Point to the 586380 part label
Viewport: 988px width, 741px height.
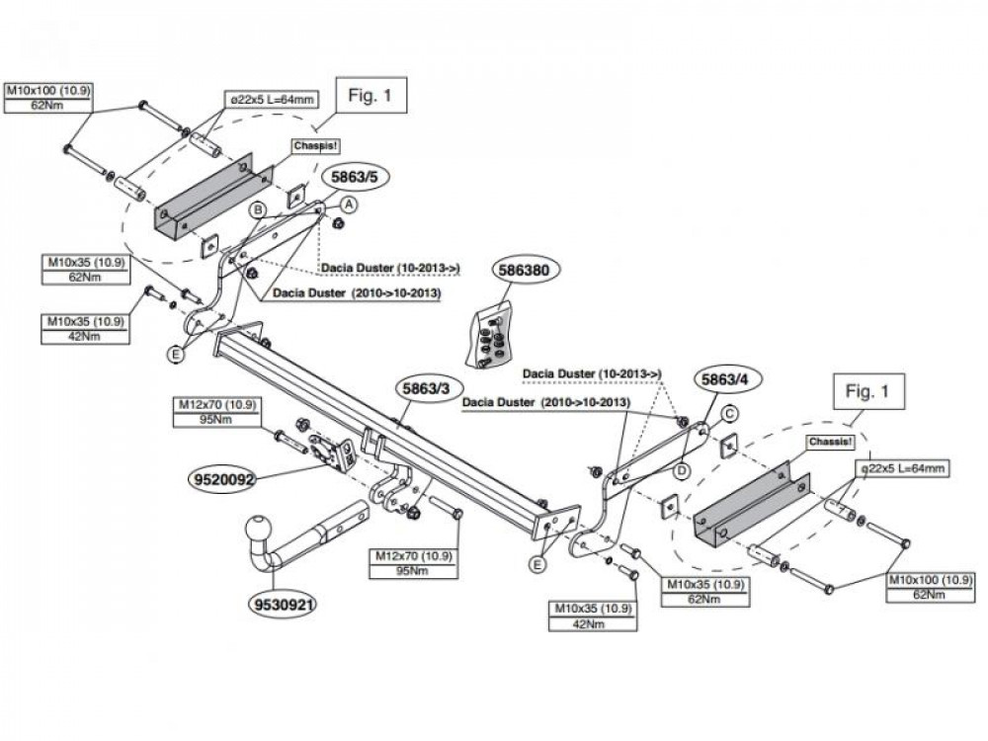(x=525, y=271)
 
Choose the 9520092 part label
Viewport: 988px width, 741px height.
(x=223, y=480)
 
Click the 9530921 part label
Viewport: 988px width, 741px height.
(x=284, y=605)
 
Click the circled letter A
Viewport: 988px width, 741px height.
(x=349, y=205)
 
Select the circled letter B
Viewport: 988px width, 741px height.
(x=258, y=209)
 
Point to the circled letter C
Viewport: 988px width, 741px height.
(x=729, y=414)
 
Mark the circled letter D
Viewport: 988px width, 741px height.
(x=682, y=470)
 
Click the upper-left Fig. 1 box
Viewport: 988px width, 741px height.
(x=370, y=96)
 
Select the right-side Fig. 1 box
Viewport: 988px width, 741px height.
(x=867, y=391)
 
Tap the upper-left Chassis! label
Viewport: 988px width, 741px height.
(x=316, y=145)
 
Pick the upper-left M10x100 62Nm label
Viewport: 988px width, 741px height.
(x=47, y=98)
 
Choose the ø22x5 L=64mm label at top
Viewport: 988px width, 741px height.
(x=272, y=100)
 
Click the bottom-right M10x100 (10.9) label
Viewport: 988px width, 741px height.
(x=930, y=580)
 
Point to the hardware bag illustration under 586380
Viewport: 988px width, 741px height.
(x=488, y=337)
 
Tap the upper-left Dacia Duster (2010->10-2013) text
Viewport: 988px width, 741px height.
(x=357, y=293)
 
